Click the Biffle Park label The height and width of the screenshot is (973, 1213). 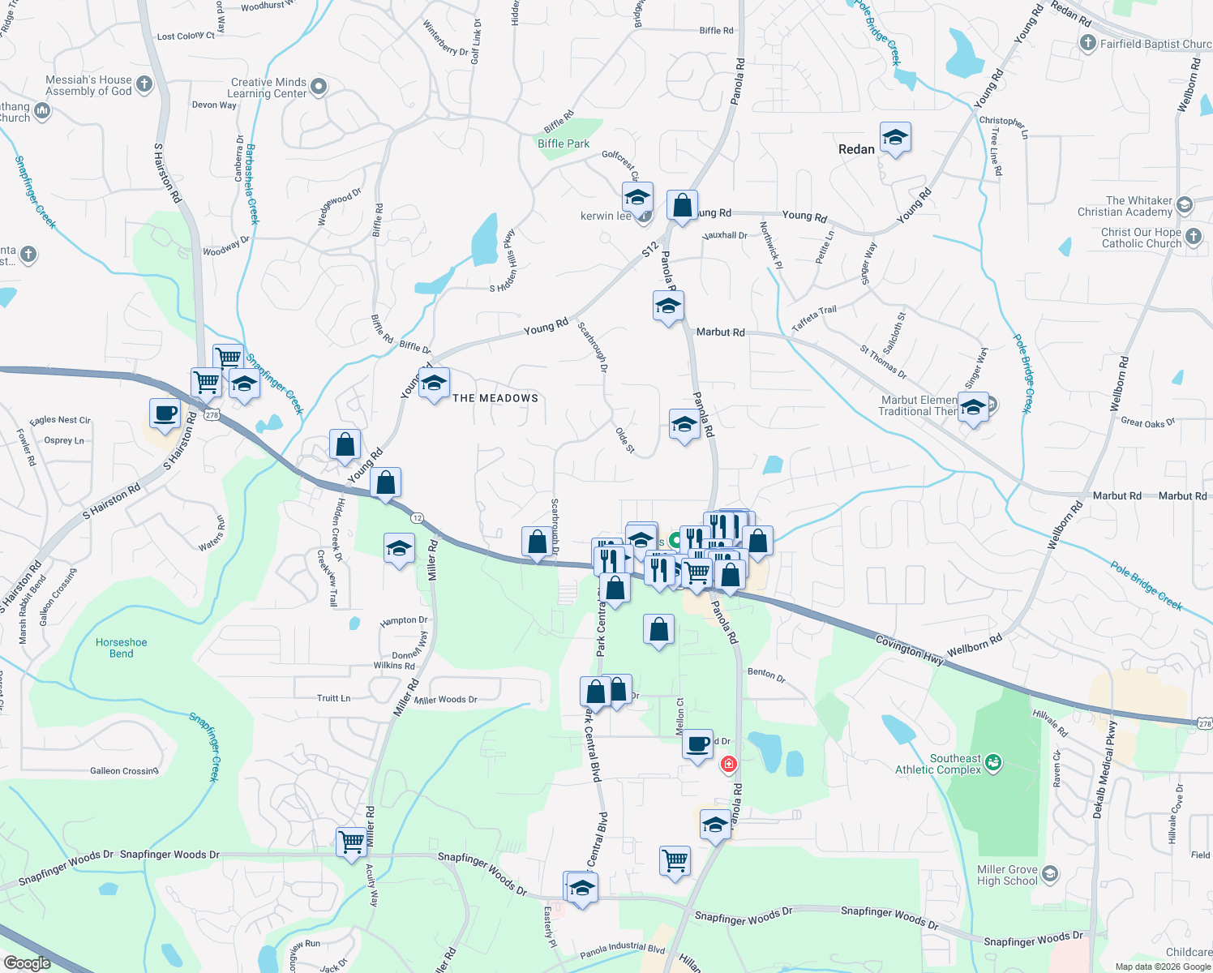(564, 144)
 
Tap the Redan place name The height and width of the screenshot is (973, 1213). (856, 149)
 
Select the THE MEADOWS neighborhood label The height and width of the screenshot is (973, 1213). (495, 398)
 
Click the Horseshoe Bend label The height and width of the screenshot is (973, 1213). (122, 648)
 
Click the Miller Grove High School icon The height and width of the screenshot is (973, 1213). (1050, 873)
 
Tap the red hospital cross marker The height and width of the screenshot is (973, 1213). (728, 764)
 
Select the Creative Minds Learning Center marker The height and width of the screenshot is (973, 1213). (319, 86)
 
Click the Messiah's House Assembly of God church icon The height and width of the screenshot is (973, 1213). (144, 84)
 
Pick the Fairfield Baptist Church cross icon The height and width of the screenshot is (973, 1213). (1088, 43)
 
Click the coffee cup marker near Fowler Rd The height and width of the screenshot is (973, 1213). (165, 414)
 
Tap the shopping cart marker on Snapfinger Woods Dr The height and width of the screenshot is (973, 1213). (352, 841)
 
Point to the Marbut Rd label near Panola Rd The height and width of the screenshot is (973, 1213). (720, 332)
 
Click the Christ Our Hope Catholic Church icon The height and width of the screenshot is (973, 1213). (1194, 237)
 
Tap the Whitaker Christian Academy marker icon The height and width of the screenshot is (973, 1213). (1185, 204)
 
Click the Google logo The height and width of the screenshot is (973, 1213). (27, 962)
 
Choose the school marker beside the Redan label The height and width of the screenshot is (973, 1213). (895, 139)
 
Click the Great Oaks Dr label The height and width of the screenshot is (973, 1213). (1147, 422)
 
